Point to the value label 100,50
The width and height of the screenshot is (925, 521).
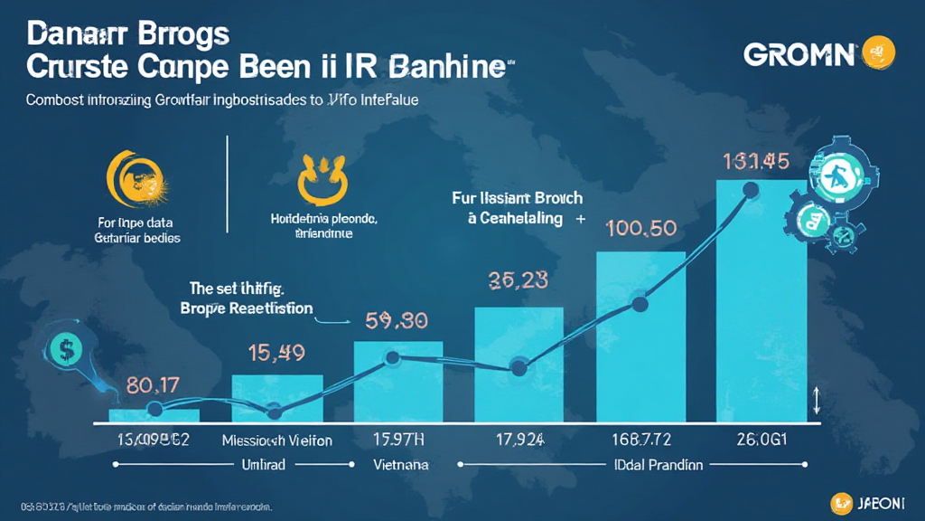click(642, 228)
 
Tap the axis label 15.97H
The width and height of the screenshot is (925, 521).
click(398, 440)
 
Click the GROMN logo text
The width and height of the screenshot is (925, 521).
click(799, 54)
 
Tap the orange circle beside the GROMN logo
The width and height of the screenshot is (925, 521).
click(877, 52)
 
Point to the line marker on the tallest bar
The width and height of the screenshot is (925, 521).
click(749, 189)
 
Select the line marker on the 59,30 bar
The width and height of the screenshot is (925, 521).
click(394, 358)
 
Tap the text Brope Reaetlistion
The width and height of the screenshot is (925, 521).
click(245, 308)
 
